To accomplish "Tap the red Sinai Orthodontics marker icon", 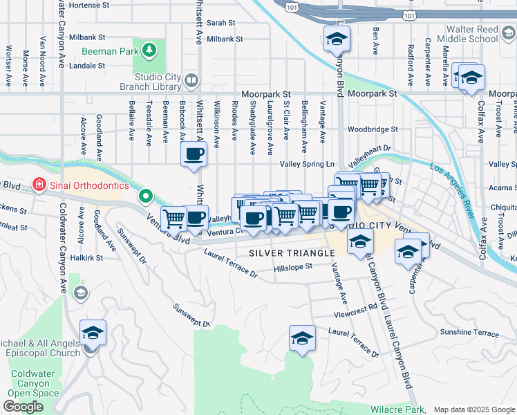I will [x=39, y=185].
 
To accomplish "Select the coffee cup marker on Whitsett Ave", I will [x=194, y=154].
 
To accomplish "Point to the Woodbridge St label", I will [x=373, y=129].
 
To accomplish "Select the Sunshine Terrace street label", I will [x=469, y=333].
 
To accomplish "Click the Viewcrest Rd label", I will [x=355, y=306].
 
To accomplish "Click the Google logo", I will [x=23, y=407].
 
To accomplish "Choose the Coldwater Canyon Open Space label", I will [x=35, y=383].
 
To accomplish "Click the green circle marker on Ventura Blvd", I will [x=145, y=196].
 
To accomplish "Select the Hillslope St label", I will [x=293, y=267].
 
